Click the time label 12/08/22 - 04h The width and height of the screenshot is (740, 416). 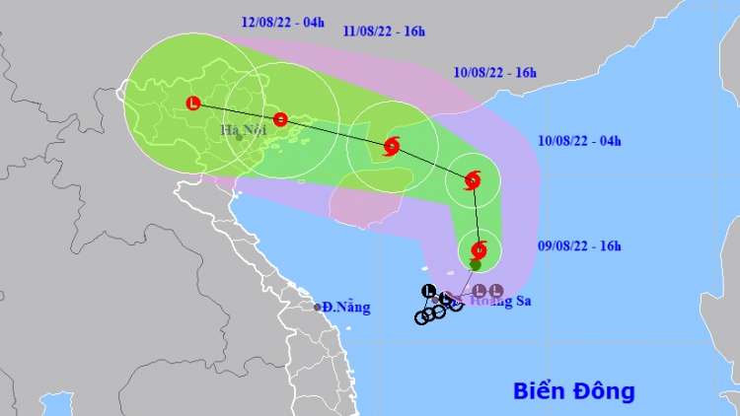(282, 22)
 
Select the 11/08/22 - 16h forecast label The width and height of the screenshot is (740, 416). (384, 31)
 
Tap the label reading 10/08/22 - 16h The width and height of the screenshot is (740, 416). (495, 73)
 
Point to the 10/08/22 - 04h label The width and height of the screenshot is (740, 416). (580, 141)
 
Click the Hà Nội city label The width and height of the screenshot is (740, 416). (241, 128)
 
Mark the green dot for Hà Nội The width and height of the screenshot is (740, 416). (239, 137)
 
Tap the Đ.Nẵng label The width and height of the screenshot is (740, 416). (347, 308)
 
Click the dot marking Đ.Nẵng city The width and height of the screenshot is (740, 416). (318, 308)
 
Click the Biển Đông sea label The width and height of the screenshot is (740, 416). (573, 390)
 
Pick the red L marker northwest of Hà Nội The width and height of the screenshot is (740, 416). (192, 103)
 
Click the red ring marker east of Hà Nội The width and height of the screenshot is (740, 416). (280, 120)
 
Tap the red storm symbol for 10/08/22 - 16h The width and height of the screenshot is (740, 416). (391, 148)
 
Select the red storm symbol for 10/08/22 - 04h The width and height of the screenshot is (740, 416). (472, 180)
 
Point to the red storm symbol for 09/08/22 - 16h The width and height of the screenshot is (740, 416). (479, 249)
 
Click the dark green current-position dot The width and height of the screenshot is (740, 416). (476, 265)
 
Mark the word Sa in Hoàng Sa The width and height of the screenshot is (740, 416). (521, 302)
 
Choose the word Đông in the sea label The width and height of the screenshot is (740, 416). (603, 390)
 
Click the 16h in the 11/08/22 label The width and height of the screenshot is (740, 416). (412, 31)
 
